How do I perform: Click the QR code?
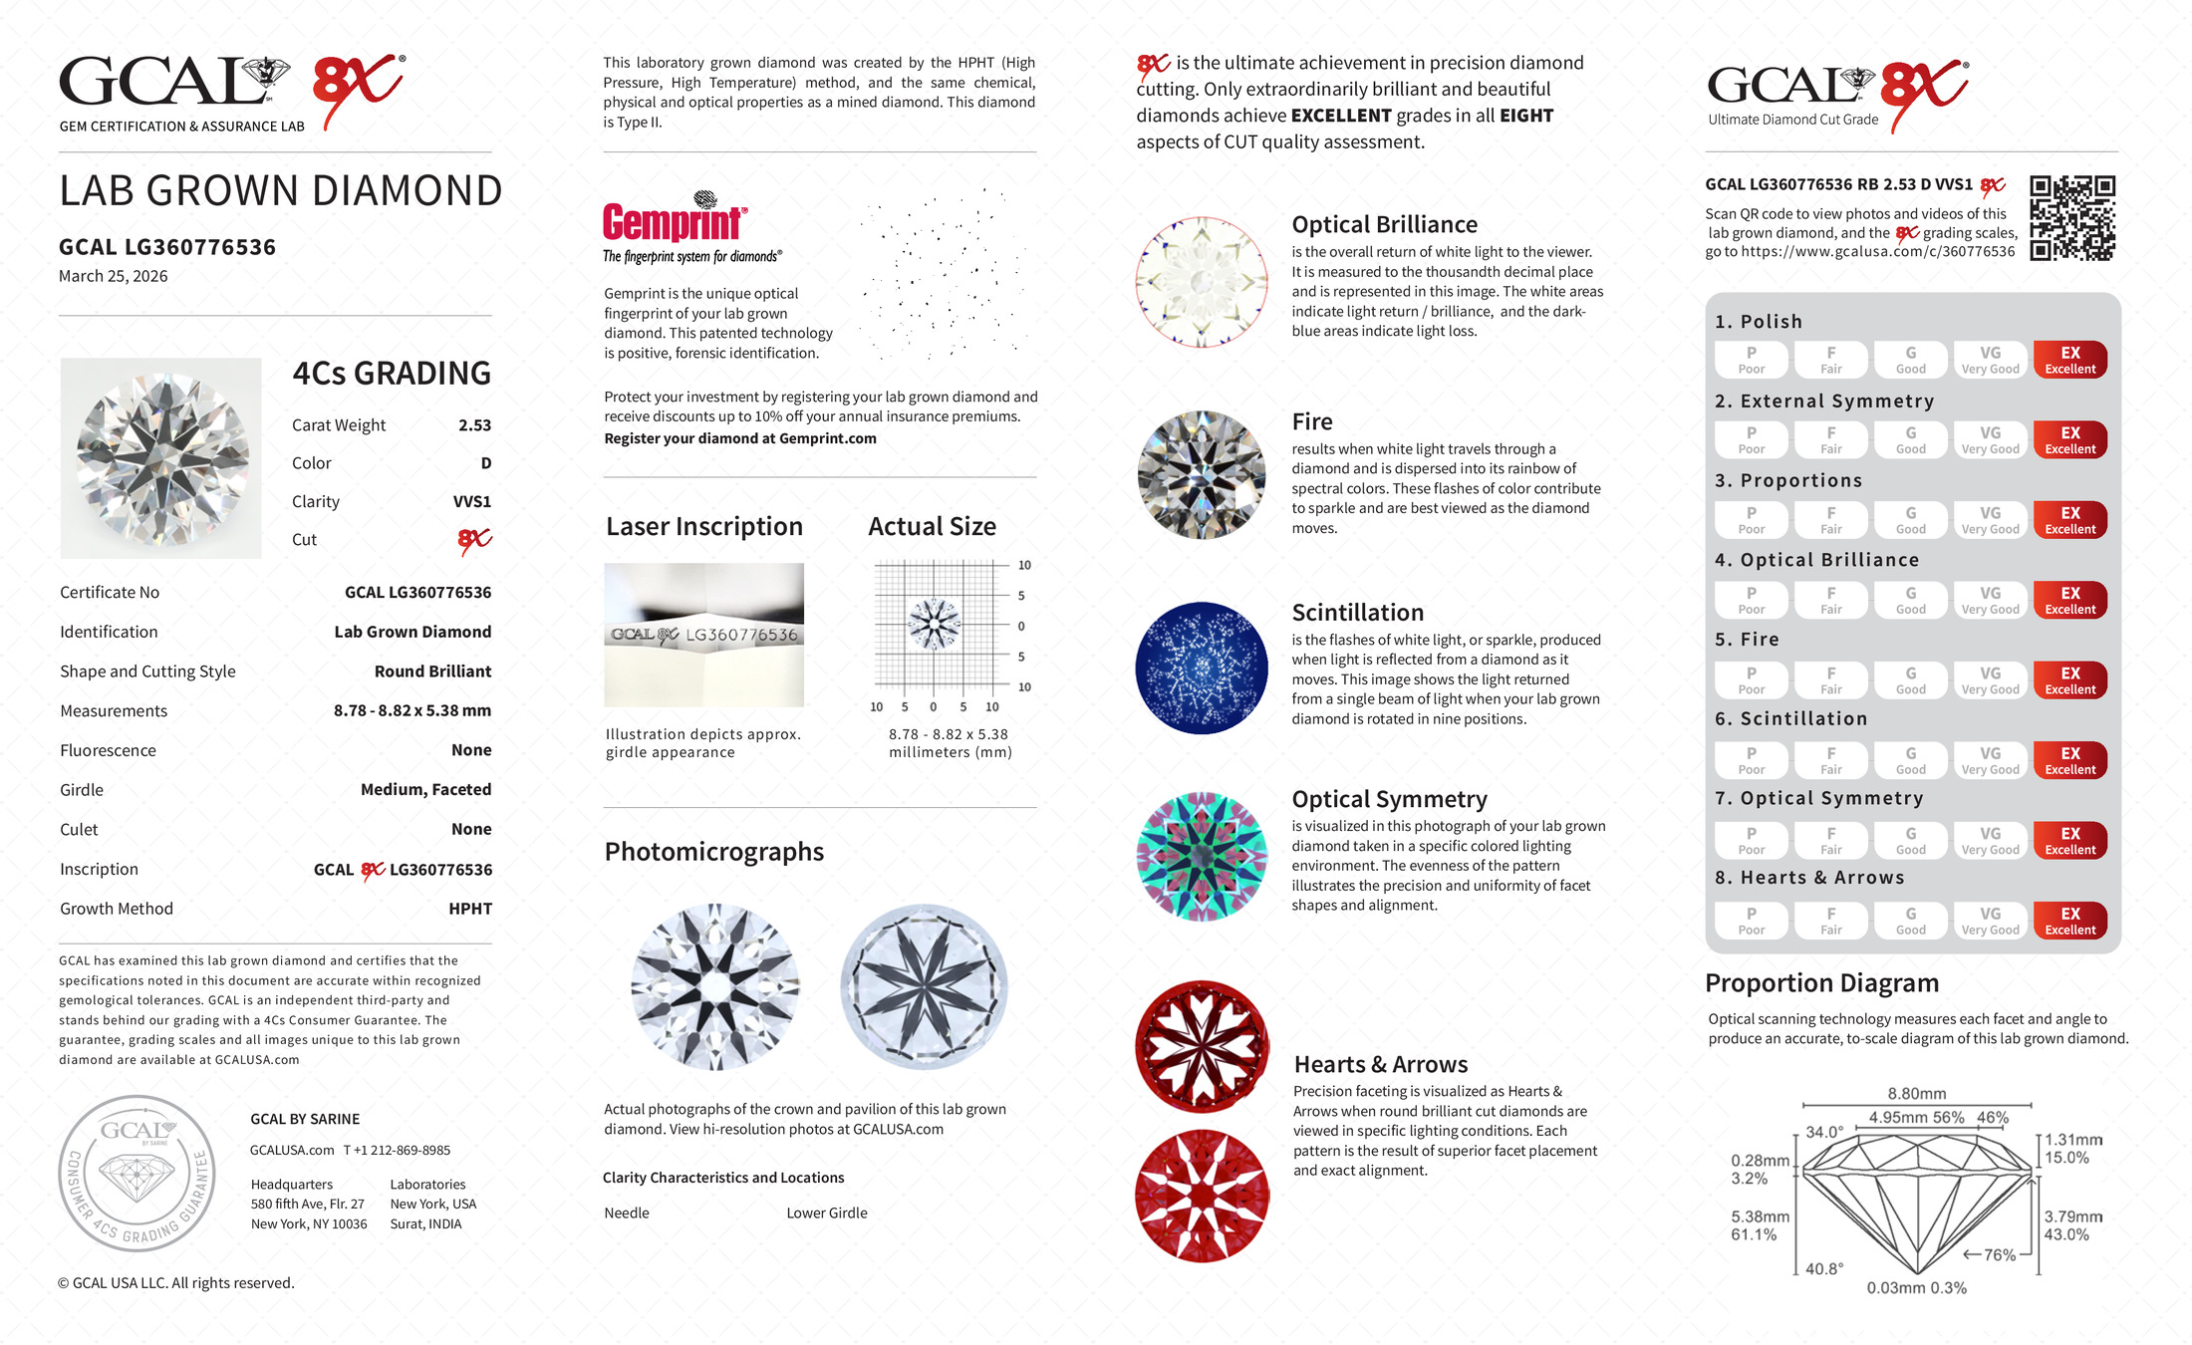pos(2071,218)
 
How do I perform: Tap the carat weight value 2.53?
pos(474,425)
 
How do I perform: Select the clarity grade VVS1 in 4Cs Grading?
pos(471,502)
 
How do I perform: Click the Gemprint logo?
pos(675,221)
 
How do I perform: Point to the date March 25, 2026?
pos(113,276)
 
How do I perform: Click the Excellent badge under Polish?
pos(2069,360)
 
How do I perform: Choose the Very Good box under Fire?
pos(1990,680)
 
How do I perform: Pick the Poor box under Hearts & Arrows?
pos(1751,921)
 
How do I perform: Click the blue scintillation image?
pos(1202,668)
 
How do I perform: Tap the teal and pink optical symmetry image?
pos(1202,857)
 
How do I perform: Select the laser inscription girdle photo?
pos(703,635)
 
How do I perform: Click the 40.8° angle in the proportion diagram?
pos(1824,1268)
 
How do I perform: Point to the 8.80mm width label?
pos(1916,1094)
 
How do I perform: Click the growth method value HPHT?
pos(470,909)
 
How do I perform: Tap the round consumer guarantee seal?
pos(137,1174)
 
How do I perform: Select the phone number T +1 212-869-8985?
pos(397,1150)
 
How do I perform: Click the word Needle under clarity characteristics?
pos(627,1212)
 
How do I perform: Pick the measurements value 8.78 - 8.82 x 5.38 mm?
pos(411,711)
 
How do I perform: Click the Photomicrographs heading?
pos(713,852)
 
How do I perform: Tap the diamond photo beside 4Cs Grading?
pos(160,457)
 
